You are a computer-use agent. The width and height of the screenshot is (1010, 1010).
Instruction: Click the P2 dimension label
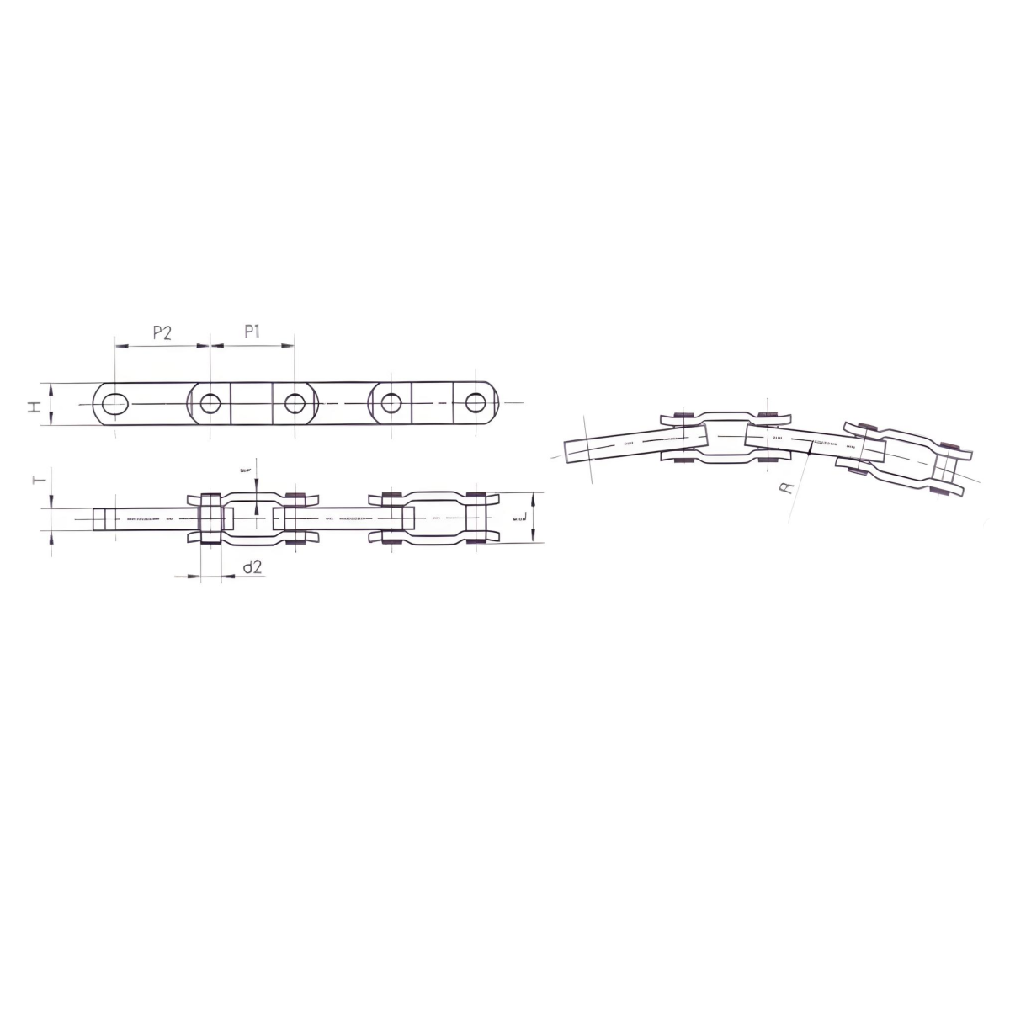[162, 332]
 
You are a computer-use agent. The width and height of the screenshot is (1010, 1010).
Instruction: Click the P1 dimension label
[252, 332]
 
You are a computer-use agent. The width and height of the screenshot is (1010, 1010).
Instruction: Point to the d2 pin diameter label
[252, 568]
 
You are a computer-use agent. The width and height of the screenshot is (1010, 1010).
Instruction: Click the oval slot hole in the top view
[116, 404]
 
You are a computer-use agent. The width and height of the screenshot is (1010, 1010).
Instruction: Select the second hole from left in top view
[210, 404]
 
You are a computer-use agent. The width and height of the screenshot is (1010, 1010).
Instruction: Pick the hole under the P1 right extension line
[295, 404]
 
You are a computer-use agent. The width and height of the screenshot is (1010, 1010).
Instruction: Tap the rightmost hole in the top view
[476, 403]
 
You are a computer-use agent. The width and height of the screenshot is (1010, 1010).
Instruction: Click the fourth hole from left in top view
[391, 403]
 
